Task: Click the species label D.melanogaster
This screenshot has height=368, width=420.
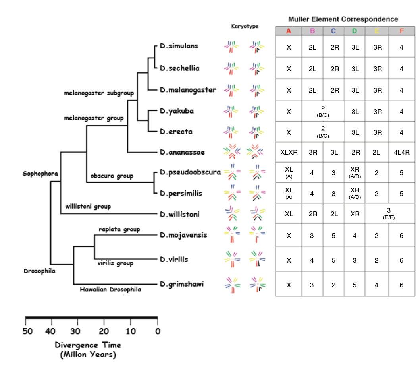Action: [188, 90]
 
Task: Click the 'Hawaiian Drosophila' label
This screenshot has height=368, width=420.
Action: [110, 289]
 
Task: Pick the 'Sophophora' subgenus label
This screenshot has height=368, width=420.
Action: [40, 174]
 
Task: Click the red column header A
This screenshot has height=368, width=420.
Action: [289, 31]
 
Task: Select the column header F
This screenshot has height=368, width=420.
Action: [401, 31]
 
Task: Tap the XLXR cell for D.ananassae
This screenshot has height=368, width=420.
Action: [289, 152]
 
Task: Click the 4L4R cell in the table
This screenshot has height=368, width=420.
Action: [401, 152]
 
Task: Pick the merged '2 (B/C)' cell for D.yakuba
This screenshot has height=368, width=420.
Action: [323, 111]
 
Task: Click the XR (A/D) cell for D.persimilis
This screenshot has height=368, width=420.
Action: [355, 194]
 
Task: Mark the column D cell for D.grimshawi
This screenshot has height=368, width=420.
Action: [355, 285]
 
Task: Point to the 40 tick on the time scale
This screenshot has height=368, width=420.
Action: [51, 331]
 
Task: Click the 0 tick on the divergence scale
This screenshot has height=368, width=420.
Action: [157, 331]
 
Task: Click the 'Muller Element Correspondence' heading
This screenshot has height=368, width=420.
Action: [343, 19]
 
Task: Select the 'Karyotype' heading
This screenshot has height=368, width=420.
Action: [245, 26]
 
